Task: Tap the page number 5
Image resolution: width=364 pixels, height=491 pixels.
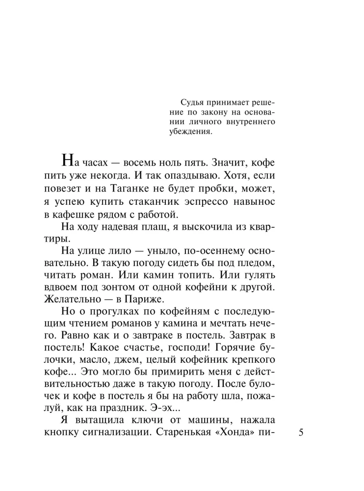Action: (x=301, y=433)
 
